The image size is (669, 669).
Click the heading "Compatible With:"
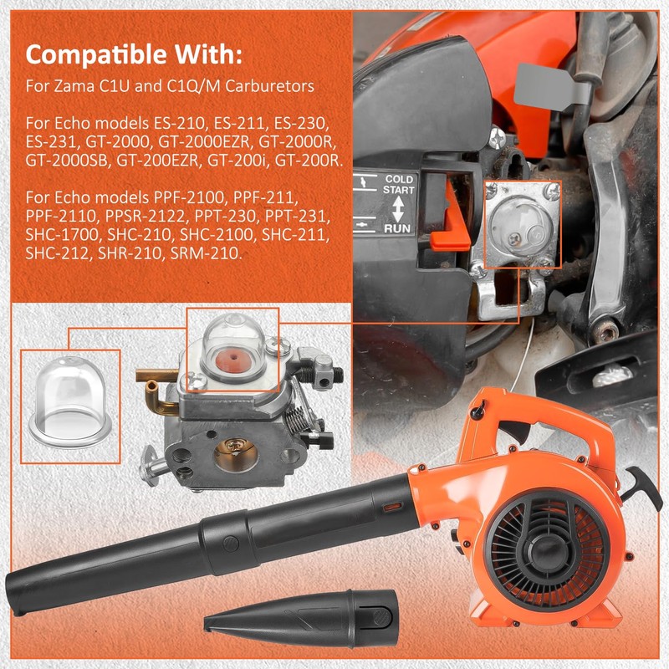pyautogui.click(x=134, y=54)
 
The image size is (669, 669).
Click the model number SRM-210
pyautogui.click(x=206, y=253)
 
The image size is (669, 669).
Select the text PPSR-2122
pyautogui.click(x=146, y=217)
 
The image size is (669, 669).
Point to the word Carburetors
pyautogui.click(x=270, y=86)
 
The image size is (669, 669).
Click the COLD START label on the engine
pyautogui.click(x=399, y=184)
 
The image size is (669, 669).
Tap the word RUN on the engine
pyautogui.click(x=397, y=228)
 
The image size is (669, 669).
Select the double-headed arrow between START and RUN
pyautogui.click(x=398, y=208)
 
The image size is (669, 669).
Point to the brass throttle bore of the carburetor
pyautogui.click(x=236, y=455)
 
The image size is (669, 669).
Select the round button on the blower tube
pyautogui.click(x=231, y=544)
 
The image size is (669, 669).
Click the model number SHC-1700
pyautogui.click(x=64, y=235)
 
